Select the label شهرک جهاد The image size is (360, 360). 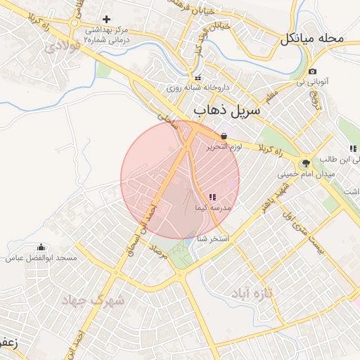pos(93,301)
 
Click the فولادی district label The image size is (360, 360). pos(58,48)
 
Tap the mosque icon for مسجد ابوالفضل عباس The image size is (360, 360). pos(41,247)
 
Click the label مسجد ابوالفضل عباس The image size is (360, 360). pos(41,259)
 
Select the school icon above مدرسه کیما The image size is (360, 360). pos(213,197)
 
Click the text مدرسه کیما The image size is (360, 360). pos(212,209)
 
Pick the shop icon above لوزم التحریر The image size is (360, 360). pos(224,136)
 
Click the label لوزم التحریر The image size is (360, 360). pos(224,148)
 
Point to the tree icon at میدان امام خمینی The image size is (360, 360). pos(305,163)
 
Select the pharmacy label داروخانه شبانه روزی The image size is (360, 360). pos(198,89)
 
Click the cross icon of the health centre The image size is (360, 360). pos(106,19)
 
